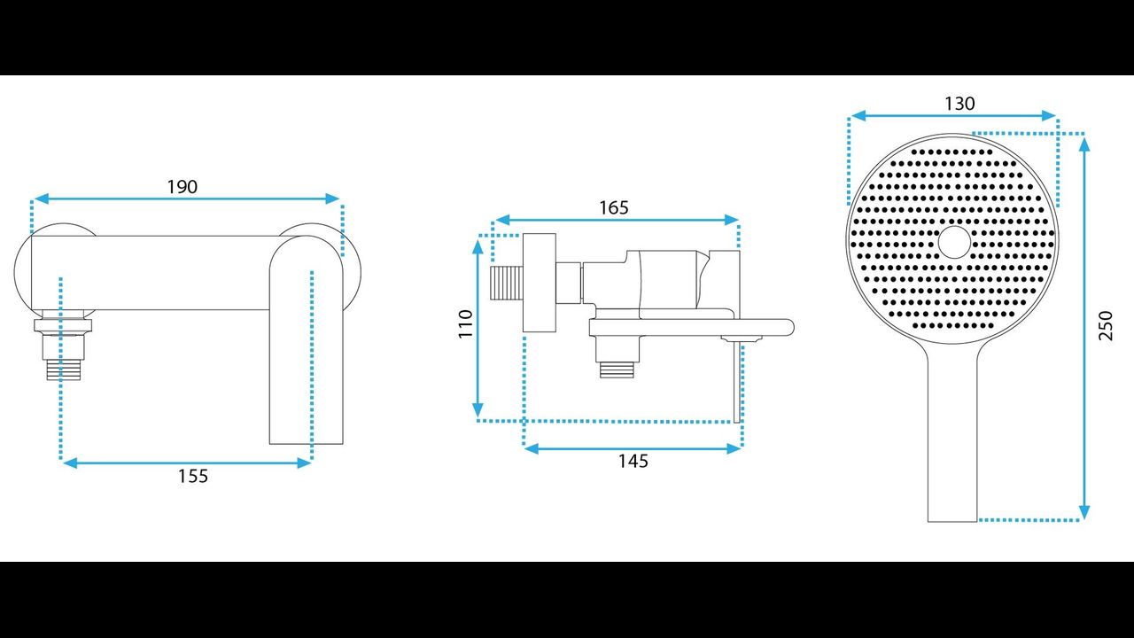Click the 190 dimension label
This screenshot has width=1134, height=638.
[x=183, y=187]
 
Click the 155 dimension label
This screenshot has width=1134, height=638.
[x=193, y=476]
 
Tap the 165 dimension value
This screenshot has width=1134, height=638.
[x=614, y=207]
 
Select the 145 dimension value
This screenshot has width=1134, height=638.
[x=633, y=462]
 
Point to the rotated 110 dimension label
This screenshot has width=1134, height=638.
[x=465, y=324]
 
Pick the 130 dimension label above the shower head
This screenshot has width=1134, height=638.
[x=959, y=104]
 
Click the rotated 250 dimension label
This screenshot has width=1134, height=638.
[x=1106, y=325]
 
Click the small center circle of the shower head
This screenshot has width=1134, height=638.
[x=954, y=242]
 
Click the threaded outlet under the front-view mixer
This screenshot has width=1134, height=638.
[x=64, y=370]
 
